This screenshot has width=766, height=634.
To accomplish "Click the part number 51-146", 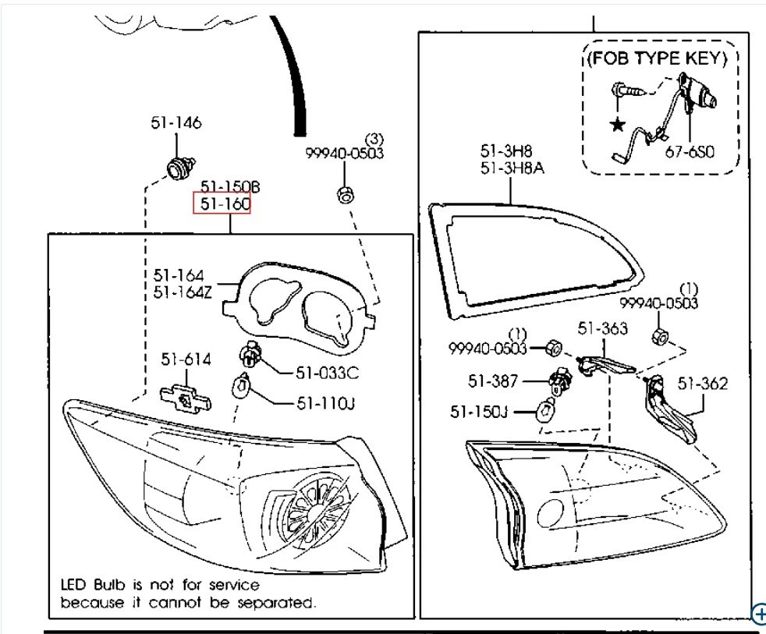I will pyautogui.click(x=176, y=123).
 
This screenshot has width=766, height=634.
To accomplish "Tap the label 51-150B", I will pyautogui.click(x=229, y=187).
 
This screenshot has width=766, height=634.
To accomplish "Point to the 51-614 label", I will pyautogui.click(x=186, y=360).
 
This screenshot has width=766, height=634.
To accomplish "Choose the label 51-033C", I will pyautogui.click(x=327, y=373).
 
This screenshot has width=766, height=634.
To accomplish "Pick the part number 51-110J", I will pyautogui.click(x=325, y=403).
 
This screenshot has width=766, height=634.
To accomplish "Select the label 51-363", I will pyautogui.click(x=602, y=328).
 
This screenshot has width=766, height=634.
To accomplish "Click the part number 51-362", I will pyautogui.click(x=702, y=383).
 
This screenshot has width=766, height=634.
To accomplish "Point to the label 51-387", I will pyautogui.click(x=494, y=381).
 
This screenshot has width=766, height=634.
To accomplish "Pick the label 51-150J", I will pyautogui.click(x=479, y=411).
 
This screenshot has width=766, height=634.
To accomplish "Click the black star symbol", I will pyautogui.click(x=618, y=124).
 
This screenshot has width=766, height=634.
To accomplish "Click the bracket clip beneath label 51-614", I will pyautogui.click(x=186, y=396).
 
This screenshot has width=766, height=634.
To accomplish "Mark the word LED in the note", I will pyautogui.click(x=75, y=584).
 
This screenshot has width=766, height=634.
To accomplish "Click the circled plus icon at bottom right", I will pyautogui.click(x=759, y=615).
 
